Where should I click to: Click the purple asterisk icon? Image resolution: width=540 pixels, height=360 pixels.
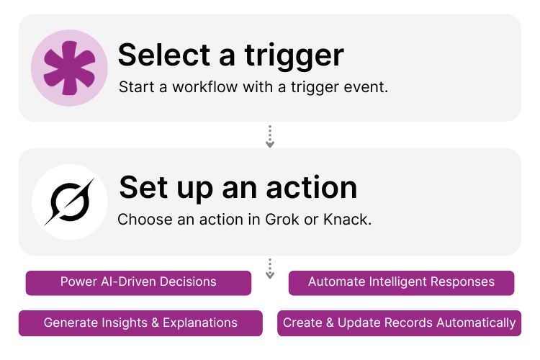[69, 68]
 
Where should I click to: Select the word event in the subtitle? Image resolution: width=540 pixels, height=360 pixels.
[367, 87]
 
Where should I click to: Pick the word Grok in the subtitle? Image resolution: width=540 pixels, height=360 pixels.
[266, 219]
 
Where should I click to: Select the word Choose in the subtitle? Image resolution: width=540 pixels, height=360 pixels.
[140, 219]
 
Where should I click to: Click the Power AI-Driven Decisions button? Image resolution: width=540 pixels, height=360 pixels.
[138, 282]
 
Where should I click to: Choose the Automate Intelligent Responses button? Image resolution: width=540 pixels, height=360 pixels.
[401, 282]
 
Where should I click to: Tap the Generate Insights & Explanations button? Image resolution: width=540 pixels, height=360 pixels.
[140, 323]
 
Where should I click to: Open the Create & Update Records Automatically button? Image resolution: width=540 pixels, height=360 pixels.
[399, 323]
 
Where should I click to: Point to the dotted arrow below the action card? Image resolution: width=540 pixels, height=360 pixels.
[270, 269]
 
